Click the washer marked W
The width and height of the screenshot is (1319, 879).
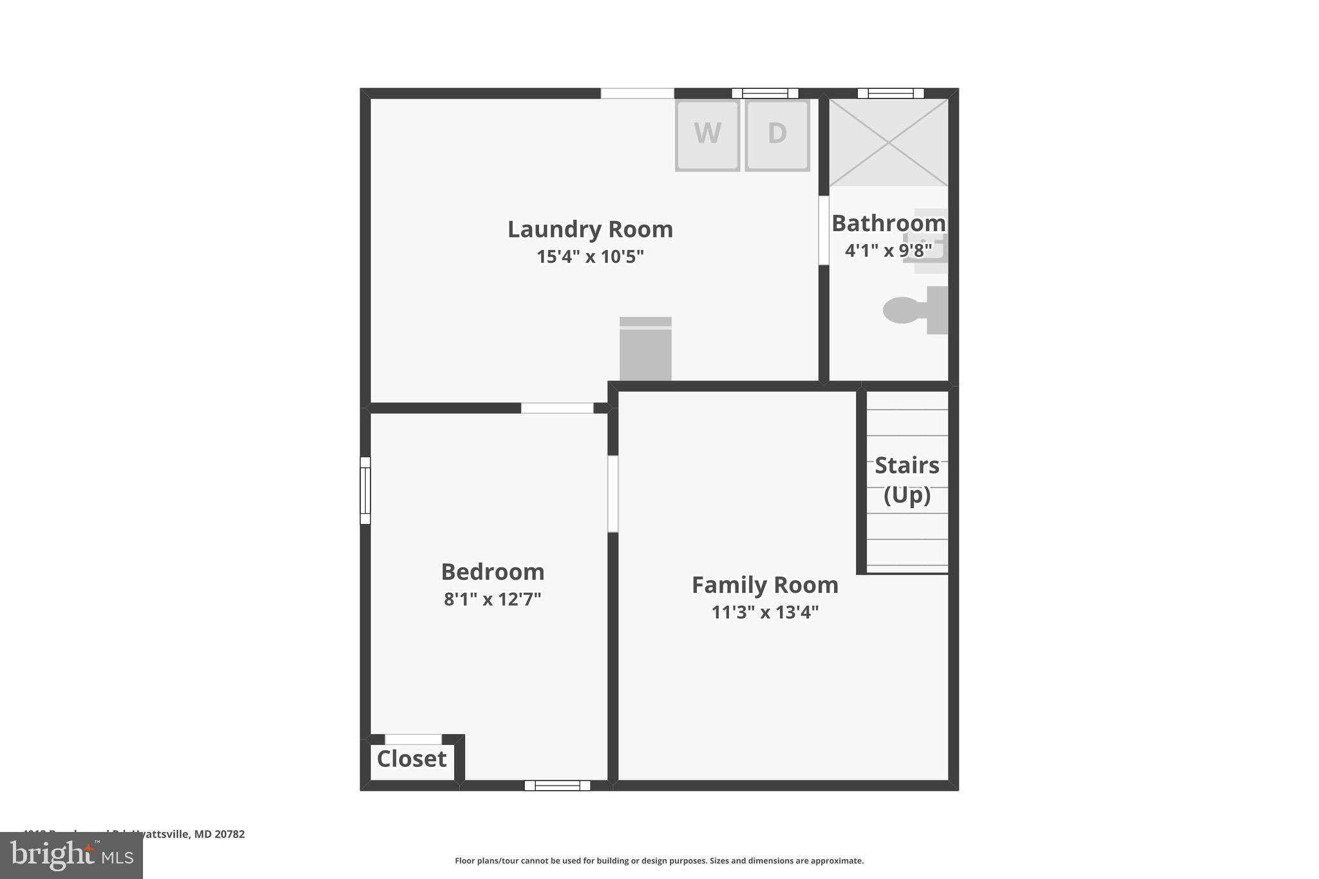point(707,135)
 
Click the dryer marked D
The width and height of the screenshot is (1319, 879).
point(777,135)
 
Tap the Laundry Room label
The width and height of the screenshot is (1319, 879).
point(590,229)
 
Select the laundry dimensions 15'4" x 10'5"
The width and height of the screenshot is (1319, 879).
point(590,257)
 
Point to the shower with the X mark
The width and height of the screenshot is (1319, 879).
point(888,142)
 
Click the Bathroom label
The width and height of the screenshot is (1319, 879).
point(888,223)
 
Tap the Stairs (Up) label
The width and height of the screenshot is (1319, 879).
point(907,480)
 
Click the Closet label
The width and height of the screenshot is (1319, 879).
point(412,759)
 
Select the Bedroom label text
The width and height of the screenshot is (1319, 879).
point(493,572)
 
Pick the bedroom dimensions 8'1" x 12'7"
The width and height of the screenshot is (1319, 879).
point(493,600)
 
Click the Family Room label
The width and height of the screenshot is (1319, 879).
point(764,585)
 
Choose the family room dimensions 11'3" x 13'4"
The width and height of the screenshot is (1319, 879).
point(764,612)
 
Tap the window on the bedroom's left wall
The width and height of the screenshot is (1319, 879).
point(365,490)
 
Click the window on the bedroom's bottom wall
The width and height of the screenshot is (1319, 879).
point(557,785)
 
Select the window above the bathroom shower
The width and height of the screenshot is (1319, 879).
point(890,93)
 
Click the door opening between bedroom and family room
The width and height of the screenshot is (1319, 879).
point(612,494)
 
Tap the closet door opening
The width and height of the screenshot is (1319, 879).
point(413,739)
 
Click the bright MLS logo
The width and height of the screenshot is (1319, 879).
point(71,856)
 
